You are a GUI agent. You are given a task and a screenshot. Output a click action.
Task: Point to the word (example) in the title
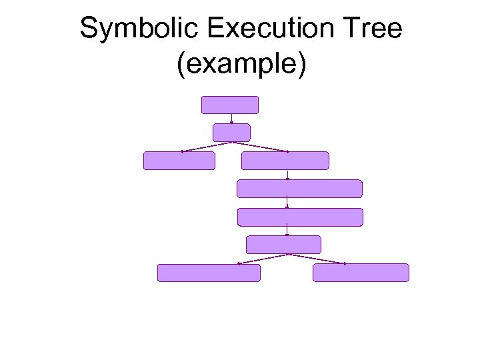click(x=241, y=65)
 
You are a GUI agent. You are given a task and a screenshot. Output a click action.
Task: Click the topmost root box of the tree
click(x=229, y=105)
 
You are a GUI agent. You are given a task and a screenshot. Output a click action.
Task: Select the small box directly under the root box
click(x=231, y=132)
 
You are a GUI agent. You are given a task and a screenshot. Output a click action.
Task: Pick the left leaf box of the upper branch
click(x=179, y=161)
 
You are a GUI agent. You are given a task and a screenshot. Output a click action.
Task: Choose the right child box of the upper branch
click(x=285, y=161)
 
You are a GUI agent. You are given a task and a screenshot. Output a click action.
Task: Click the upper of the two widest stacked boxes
click(x=299, y=189)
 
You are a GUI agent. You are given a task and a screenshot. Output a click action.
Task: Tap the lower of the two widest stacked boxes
click(x=300, y=217)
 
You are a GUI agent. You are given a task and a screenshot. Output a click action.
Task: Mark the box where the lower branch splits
click(x=283, y=245)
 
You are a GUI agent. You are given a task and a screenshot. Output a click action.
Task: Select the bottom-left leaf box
click(x=209, y=273)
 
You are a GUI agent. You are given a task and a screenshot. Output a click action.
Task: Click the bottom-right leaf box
click(x=361, y=273)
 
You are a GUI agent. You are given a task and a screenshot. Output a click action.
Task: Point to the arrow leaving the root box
click(x=231, y=119)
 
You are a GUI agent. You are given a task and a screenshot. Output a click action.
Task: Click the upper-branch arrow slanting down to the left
click(x=207, y=147)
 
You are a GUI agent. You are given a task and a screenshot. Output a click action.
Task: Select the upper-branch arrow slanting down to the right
click(x=260, y=147)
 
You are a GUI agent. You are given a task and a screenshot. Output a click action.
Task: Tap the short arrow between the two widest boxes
click(x=287, y=203)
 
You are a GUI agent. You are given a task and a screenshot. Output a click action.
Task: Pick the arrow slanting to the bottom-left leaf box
click(x=262, y=259)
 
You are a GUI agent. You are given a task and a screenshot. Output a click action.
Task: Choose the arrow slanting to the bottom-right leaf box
click(x=316, y=259)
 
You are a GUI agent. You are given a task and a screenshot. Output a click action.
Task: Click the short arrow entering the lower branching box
click(x=287, y=231)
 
